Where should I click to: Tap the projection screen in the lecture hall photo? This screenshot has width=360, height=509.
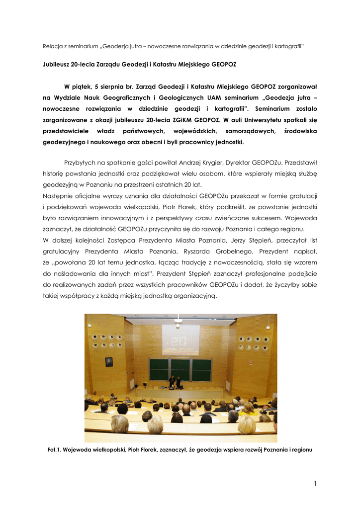click(180, 339)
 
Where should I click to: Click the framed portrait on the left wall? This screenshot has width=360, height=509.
click(109, 362)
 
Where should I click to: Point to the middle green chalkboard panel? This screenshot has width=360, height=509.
click(180, 369)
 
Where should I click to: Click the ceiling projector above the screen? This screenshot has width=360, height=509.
click(178, 321)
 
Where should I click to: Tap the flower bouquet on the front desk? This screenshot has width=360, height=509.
click(145, 384)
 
